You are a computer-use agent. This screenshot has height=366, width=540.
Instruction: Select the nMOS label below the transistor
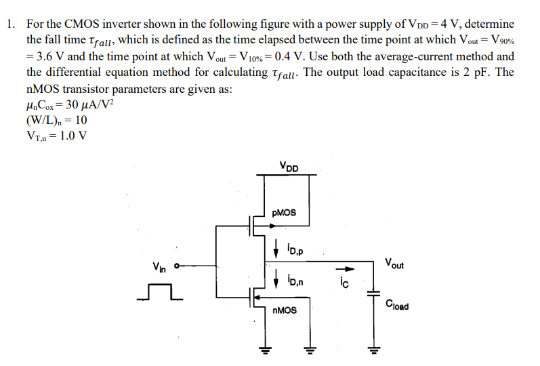(x=283, y=311)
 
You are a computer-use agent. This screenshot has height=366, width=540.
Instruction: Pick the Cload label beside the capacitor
(x=396, y=306)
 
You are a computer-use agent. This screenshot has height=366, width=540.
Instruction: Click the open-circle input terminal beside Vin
(x=178, y=266)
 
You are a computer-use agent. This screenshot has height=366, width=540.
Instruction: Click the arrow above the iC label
(x=344, y=269)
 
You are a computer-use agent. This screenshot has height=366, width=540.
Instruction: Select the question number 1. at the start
(x=10, y=24)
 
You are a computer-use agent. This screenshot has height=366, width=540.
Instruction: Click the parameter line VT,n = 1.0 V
(x=56, y=136)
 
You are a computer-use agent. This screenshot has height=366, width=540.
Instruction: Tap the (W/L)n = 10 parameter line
(x=56, y=120)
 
